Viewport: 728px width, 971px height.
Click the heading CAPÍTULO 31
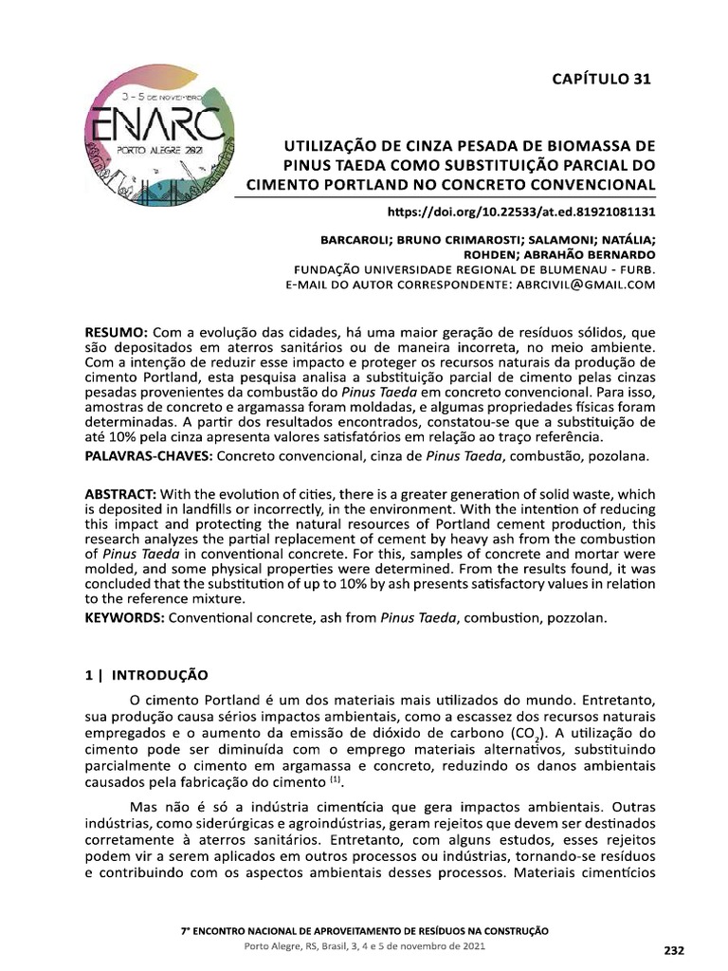tap(602, 79)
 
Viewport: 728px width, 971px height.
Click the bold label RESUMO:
tap(115, 334)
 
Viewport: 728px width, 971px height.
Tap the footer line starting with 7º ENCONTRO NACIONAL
tap(364, 931)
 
